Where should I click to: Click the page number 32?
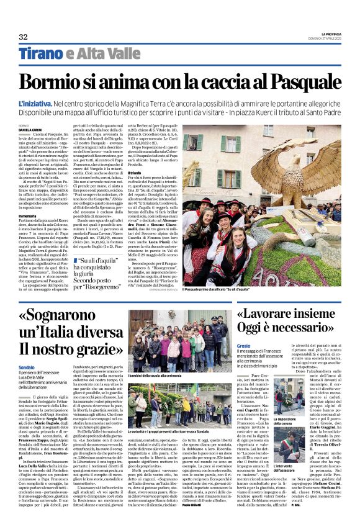click(23, 37)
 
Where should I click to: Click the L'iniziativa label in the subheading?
click(35, 101)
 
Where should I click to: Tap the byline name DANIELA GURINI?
click(30, 129)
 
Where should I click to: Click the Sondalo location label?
click(28, 367)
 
